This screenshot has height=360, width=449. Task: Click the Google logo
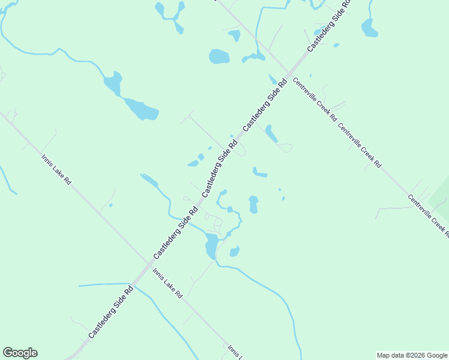point(20,353)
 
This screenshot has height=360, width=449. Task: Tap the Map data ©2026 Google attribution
point(412,355)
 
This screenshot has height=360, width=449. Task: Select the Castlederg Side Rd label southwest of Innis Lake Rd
point(110,312)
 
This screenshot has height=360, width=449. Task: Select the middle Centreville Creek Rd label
point(360,145)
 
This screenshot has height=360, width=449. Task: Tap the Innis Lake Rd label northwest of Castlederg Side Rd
point(56,170)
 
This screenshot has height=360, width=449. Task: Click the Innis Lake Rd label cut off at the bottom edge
point(234,352)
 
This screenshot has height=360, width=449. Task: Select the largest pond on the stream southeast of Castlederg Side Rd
point(211,245)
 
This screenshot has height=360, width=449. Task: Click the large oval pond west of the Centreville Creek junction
point(219,57)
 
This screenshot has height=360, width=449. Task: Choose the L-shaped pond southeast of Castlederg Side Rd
point(259,173)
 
